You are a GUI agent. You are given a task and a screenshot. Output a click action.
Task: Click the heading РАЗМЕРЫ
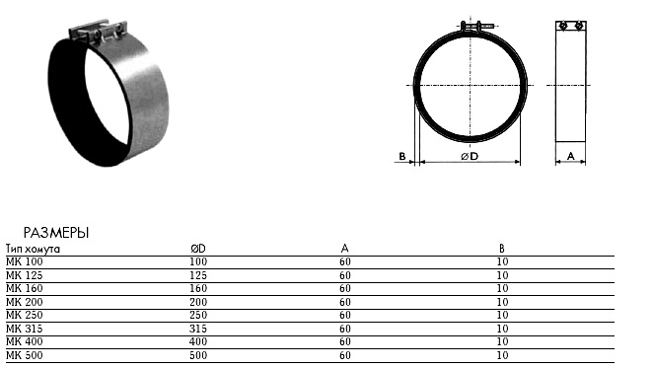pyautogui.click(x=56, y=233)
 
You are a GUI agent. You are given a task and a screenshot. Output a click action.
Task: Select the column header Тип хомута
pyautogui.click(x=33, y=249)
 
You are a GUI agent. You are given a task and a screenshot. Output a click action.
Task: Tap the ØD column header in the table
pyautogui.click(x=198, y=249)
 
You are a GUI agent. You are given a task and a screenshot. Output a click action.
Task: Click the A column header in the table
pyautogui.click(x=344, y=249)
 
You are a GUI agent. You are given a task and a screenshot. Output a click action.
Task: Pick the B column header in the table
pyautogui.click(x=502, y=249)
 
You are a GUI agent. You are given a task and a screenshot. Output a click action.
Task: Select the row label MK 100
pyautogui.click(x=25, y=261)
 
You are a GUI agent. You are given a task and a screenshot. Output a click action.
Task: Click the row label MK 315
pyautogui.click(x=25, y=329)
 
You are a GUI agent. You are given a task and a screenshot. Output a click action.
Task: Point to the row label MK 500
pyautogui.click(x=25, y=355)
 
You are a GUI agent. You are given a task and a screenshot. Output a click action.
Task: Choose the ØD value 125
pyautogui.click(x=198, y=275)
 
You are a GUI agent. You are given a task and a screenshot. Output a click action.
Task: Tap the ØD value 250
pyautogui.click(x=198, y=315)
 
